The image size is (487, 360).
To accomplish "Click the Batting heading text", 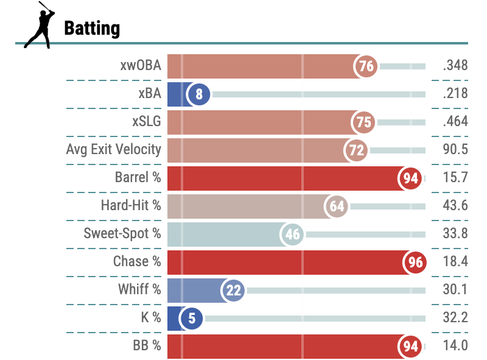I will [92, 28].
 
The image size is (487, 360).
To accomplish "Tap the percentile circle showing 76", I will [366, 66].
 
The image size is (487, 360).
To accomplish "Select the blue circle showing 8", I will [199, 94].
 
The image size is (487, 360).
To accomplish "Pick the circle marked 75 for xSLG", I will [363, 122].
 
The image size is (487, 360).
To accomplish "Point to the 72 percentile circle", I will [356, 150].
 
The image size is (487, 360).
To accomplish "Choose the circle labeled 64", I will [337, 206].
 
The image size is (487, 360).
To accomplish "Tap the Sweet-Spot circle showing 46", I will [292, 234].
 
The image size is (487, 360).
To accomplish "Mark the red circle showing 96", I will [414, 262].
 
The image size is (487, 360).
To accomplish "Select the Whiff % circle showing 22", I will [234, 290].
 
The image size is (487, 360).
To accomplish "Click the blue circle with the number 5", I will [192, 318].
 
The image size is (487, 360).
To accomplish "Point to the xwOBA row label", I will [141, 66].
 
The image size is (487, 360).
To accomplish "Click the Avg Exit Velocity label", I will [114, 149].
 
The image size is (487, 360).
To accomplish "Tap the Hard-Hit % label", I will [131, 206].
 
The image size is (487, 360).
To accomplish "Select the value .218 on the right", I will [455, 94].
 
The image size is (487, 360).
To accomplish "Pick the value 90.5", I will [455, 150].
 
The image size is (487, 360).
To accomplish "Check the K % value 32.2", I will [455, 318].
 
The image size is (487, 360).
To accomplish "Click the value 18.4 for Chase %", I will [455, 262].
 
